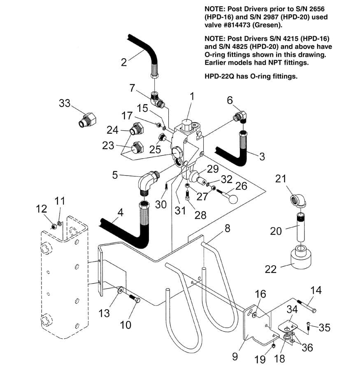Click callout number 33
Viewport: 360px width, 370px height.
pyautogui.click(x=65, y=103)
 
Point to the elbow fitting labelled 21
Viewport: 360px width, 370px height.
pyautogui.click(x=298, y=201)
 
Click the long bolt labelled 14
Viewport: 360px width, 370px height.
pyautogui.click(x=307, y=306)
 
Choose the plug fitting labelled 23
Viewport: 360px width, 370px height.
pyautogui.click(x=136, y=148)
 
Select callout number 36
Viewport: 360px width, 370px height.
pyautogui.click(x=307, y=347)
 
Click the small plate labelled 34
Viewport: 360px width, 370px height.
pyautogui.click(x=287, y=326)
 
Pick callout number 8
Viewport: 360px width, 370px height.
pyautogui.click(x=227, y=229)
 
